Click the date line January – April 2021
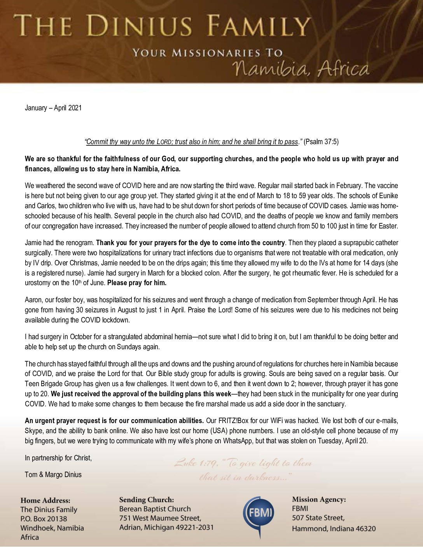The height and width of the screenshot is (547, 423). [53, 108]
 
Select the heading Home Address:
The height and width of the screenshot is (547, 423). [45, 500]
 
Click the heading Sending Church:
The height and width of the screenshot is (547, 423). [147, 500]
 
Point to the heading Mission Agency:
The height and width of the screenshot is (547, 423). [319, 499]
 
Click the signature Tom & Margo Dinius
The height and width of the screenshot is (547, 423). [53, 475]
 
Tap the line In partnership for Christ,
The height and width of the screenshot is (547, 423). [58, 458]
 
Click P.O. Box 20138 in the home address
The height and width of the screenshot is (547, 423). [44, 519]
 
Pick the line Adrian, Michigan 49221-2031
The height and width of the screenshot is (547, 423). [166, 527]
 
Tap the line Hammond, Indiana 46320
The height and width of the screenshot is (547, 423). [334, 528]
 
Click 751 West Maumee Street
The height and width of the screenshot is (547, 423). [160, 518]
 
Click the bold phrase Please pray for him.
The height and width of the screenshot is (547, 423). [137, 283]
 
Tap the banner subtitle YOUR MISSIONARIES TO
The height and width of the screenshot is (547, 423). [208, 53]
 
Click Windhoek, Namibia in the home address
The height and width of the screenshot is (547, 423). [52, 528]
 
